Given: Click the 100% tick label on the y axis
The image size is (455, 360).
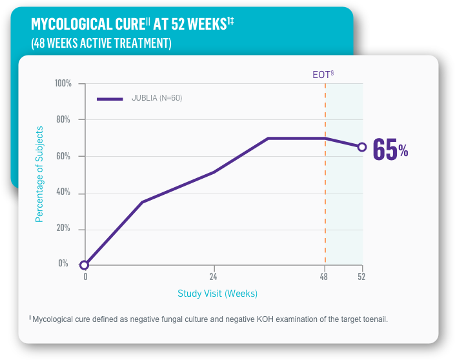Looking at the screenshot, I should click(x=63, y=84).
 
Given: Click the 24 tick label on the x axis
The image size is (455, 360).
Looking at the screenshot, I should click(x=214, y=277).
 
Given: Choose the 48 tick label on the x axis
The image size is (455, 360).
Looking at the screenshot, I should click(x=324, y=277).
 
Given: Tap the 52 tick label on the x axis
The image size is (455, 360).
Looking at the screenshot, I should click(x=361, y=277).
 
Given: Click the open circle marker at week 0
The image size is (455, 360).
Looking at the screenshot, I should click(x=85, y=265).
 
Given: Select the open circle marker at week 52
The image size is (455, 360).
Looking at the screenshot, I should click(x=362, y=147).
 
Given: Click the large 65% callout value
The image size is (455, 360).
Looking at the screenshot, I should click(x=390, y=150).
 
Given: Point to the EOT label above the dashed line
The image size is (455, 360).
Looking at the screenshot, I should click(x=322, y=74).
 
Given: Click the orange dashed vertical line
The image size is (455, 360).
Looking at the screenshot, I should click(x=325, y=194).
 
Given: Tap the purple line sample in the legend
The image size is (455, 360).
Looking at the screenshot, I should click(x=110, y=99).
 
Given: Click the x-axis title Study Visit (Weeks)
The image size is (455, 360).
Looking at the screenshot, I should click(x=217, y=294).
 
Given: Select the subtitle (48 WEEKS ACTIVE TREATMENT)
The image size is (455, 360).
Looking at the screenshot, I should click(x=101, y=43).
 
